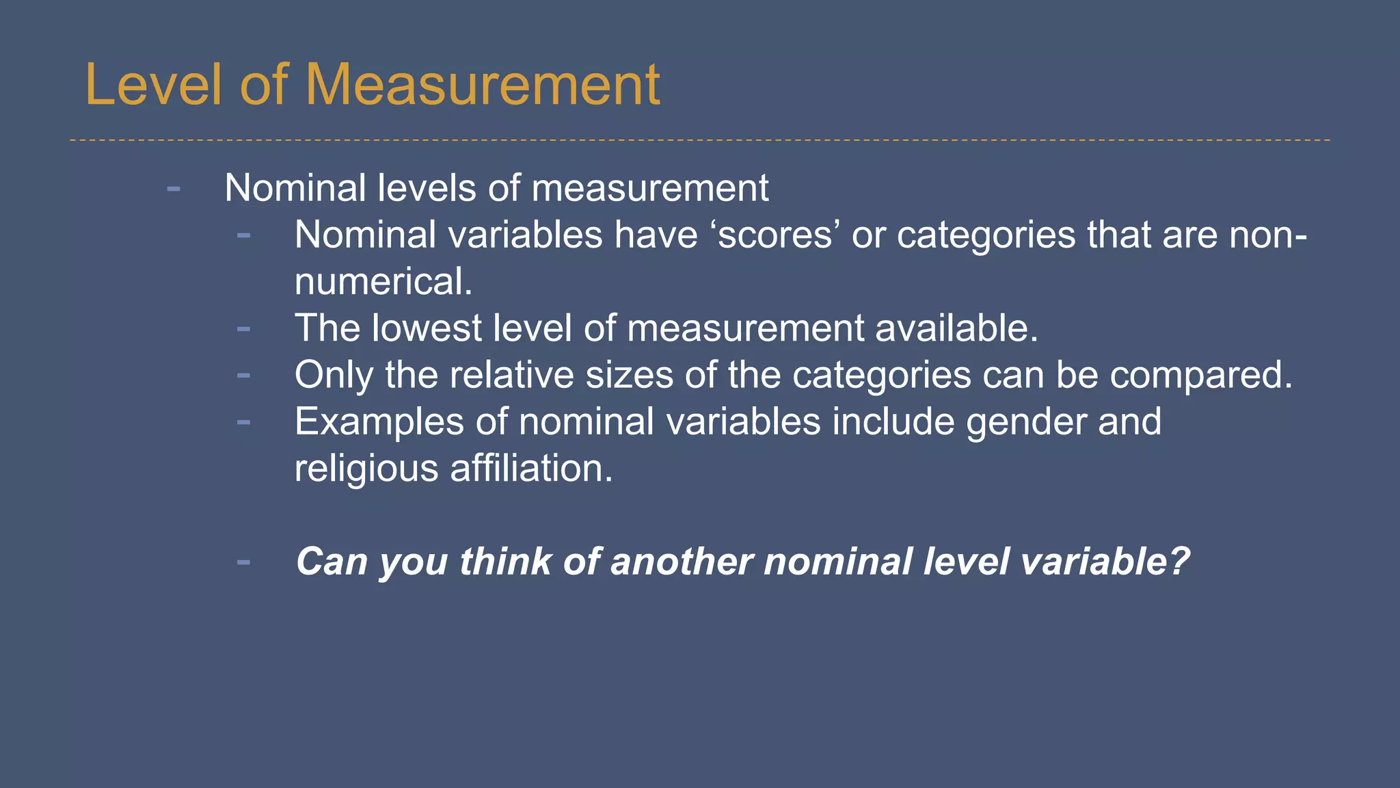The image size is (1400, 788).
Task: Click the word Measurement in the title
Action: [x=482, y=85]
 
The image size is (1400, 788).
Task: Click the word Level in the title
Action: [x=153, y=85]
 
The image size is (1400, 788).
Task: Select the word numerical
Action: [x=383, y=282]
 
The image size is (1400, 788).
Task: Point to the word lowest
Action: [x=427, y=328]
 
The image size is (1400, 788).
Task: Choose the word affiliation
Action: [x=531, y=469]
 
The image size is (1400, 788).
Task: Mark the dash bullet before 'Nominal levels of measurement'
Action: [x=174, y=188]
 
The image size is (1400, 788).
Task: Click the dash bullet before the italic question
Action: [x=243, y=562]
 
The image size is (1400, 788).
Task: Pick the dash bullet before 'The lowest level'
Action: [x=243, y=329]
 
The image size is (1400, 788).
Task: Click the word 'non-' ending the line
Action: [x=1268, y=235]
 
